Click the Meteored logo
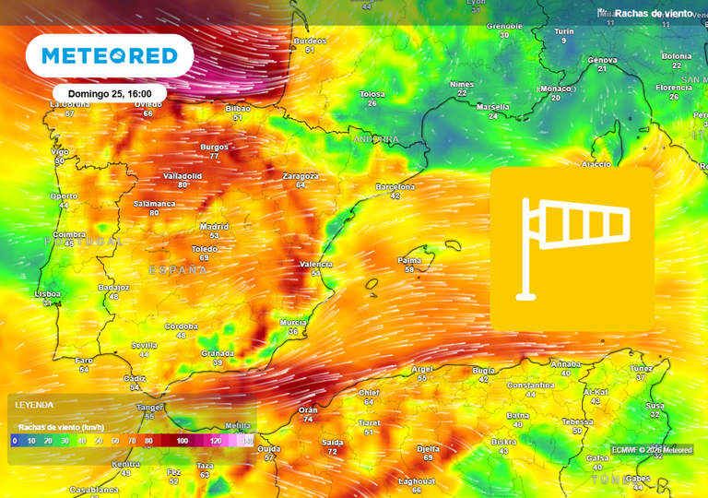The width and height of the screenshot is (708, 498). tap(109, 56)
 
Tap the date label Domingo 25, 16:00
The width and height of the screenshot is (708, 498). tap(110, 94)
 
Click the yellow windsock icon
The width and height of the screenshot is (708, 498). tap(572, 249)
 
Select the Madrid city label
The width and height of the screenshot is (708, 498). tap(214, 226)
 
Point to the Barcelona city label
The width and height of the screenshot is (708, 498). tap(395, 186)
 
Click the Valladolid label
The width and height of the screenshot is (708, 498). tap(183, 175)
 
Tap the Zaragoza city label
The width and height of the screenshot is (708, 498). tap(301, 175)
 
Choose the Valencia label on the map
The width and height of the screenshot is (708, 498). tap(316, 264)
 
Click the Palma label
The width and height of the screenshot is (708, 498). tap(409, 260)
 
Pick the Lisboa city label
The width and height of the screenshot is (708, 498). tap(48, 293)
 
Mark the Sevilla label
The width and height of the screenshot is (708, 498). tap(144, 345)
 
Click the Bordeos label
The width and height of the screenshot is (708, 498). tap(310, 41)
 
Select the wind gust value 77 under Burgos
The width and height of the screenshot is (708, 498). tap(214, 156)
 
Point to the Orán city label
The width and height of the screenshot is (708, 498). tap(308, 409)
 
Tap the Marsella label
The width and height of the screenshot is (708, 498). tap(493, 107)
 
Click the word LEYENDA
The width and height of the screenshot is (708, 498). tap(34, 405)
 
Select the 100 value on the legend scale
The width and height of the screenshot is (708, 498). tap(183, 441)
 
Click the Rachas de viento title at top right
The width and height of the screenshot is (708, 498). tap(654, 14)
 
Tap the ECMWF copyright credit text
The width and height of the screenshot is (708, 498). tap(652, 450)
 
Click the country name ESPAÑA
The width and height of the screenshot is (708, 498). tap(178, 270)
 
